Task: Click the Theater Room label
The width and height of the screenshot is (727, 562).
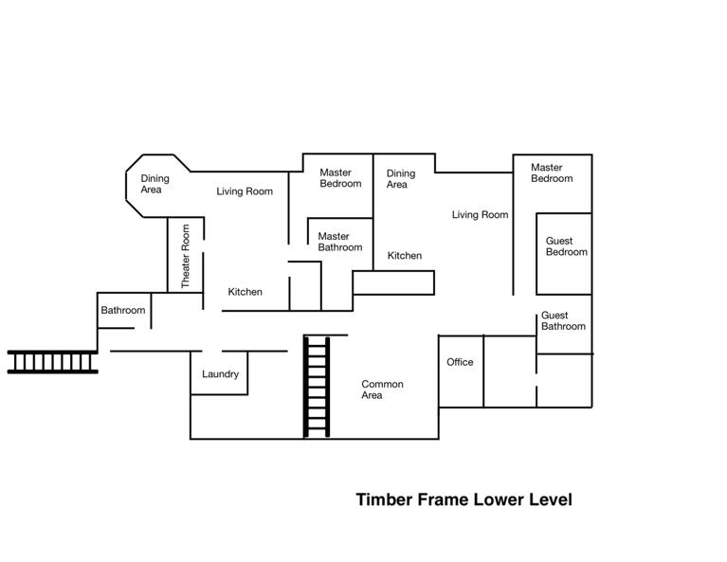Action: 186,256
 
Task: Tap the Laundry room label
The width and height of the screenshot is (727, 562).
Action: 220,374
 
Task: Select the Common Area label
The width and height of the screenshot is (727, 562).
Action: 382,390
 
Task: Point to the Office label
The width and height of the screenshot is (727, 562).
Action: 460,362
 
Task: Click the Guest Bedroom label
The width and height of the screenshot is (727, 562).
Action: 566,246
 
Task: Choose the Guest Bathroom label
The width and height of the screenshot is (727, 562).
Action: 563,321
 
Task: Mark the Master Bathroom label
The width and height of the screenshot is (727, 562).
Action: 339,242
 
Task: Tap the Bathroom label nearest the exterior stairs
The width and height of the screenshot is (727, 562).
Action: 123,311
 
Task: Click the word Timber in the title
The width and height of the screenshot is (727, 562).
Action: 384,499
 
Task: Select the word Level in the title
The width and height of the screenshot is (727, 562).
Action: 548,499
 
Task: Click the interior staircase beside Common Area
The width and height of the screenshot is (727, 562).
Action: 316,388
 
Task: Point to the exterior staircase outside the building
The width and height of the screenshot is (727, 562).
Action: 53,362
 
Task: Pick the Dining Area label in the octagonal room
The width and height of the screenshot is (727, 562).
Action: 154,184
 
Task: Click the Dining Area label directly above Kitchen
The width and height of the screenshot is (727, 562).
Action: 400,179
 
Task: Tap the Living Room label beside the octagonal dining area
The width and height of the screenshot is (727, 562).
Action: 244,191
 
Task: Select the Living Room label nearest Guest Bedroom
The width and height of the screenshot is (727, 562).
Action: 480,215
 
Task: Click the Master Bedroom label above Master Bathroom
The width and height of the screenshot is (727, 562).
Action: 339,178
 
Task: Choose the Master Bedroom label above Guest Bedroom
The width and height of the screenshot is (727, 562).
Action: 551,173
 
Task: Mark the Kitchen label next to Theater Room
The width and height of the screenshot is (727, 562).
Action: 245,292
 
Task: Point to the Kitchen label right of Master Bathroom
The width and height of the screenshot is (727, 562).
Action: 404,256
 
